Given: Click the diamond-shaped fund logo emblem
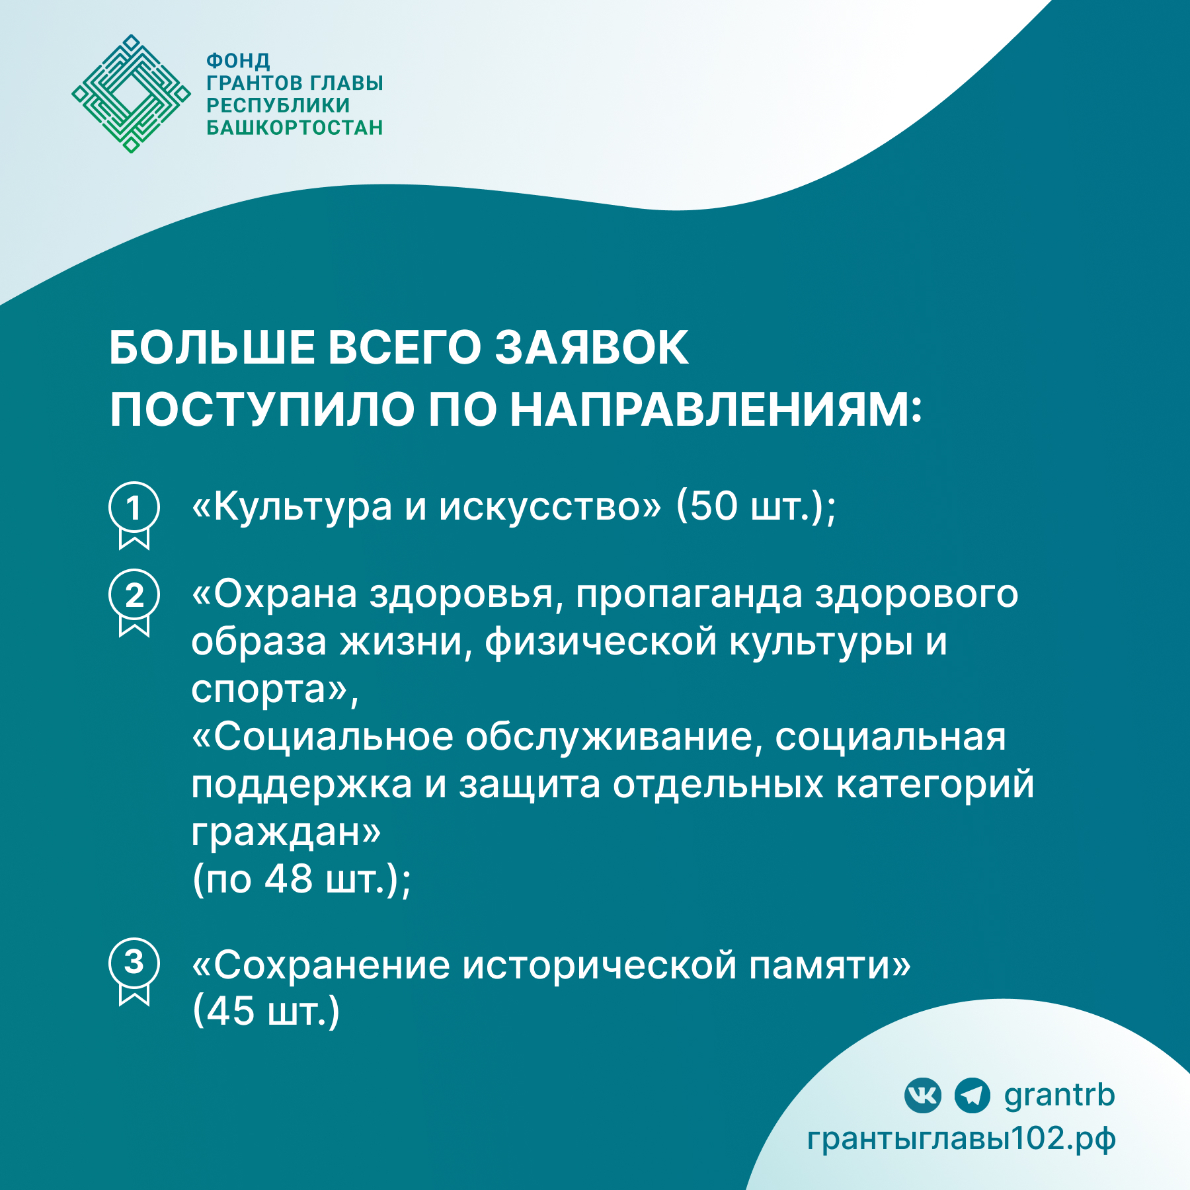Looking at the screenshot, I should click(131, 94).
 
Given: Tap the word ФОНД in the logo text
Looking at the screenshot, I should click(238, 61).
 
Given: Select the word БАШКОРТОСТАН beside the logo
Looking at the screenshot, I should click(295, 128).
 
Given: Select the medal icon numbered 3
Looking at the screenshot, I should click(134, 970).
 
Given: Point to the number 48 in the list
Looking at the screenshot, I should click(288, 879).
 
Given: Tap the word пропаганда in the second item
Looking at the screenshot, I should click(688, 594).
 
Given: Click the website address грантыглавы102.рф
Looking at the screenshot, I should click(961, 1138).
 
